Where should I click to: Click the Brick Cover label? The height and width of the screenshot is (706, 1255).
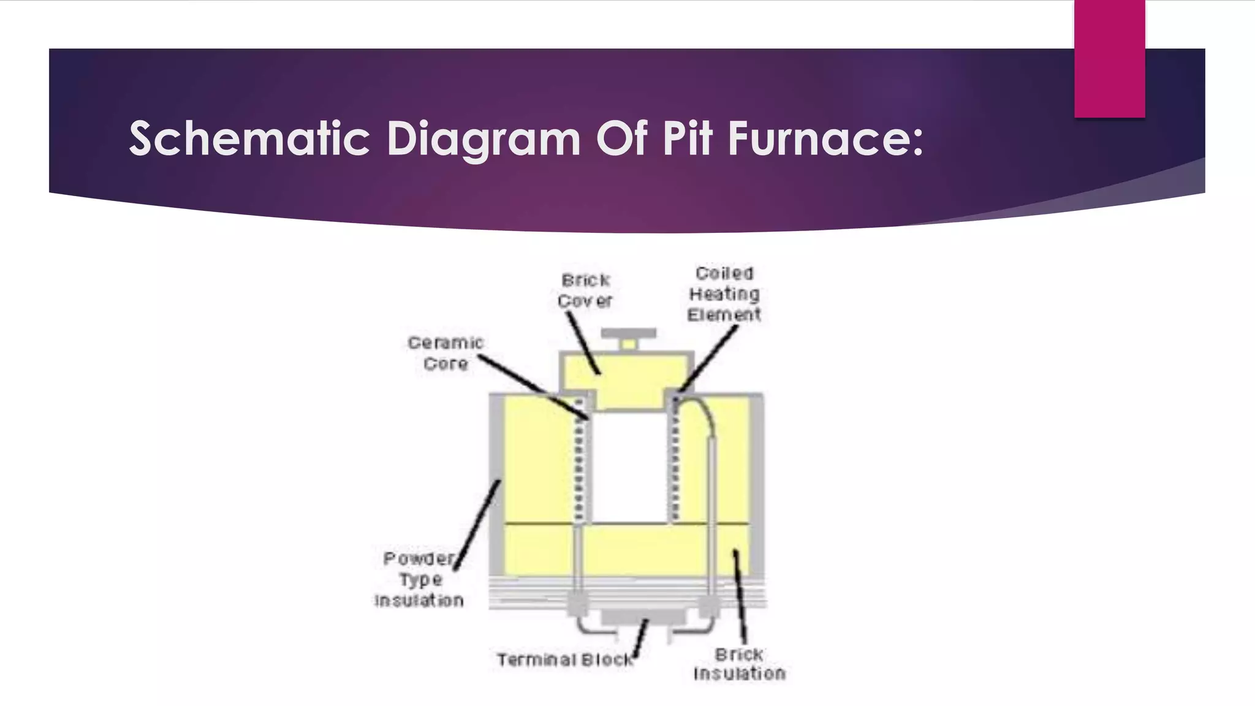585,290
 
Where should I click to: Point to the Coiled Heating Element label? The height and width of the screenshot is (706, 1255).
724,294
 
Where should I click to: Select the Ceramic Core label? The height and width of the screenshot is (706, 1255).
446,353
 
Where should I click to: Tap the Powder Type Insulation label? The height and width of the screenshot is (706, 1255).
420,579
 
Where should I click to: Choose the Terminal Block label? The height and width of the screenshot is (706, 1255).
564,660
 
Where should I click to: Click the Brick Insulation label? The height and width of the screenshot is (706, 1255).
739,664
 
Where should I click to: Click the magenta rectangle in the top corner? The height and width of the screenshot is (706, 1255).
1109,58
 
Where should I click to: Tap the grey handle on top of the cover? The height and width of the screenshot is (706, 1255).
628,334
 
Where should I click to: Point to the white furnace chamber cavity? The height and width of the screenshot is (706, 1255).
629,469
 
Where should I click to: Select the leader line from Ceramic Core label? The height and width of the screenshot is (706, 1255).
533,386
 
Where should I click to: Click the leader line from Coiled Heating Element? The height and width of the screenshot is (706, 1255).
708,359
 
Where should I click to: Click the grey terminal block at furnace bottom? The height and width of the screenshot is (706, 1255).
643,616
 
